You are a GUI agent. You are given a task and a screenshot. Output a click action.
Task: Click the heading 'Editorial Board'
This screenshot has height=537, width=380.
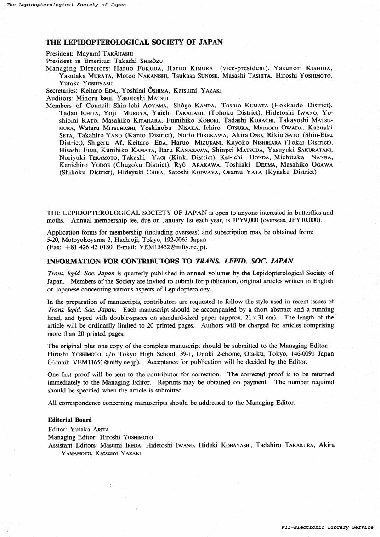[x=70, y=420]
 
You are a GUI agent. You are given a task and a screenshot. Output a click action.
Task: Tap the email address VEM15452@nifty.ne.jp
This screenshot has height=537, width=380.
[x=167, y=247]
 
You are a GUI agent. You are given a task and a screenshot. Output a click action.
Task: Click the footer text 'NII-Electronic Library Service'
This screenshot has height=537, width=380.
[x=327, y=527]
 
